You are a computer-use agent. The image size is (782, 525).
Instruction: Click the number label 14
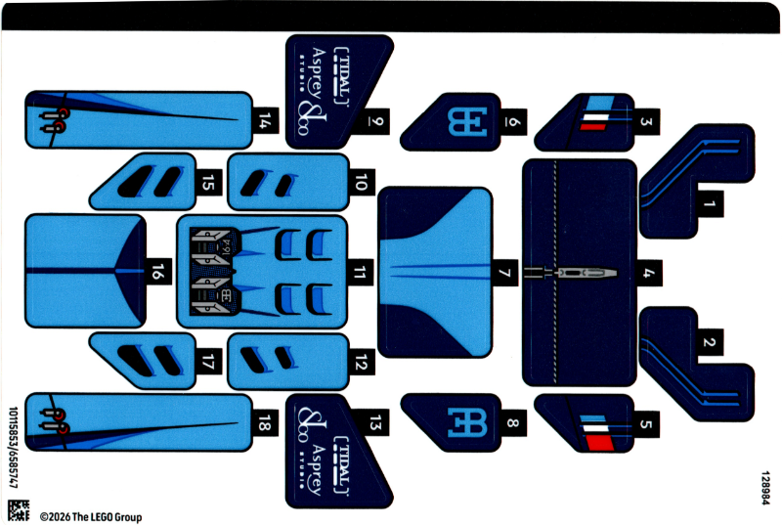pyautogui.click(x=265, y=121)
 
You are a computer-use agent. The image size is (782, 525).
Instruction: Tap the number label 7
pyautogui.click(x=504, y=274)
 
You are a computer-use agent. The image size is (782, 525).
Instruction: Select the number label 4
pyautogui.click(x=647, y=274)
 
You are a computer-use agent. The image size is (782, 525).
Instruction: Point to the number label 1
pyautogui.click(x=711, y=205)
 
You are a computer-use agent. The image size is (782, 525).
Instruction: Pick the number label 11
pyautogui.click(x=363, y=273)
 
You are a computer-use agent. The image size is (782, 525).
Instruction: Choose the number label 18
pyautogui.click(x=265, y=422)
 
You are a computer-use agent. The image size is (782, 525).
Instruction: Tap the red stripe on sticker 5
pyautogui.click(x=595, y=440)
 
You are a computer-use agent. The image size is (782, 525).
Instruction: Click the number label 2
pyautogui.click(x=711, y=343)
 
